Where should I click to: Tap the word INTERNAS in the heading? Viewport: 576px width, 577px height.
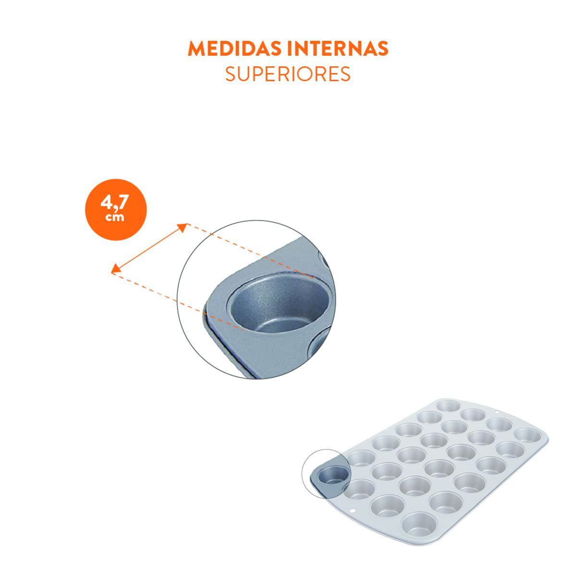point(338,48)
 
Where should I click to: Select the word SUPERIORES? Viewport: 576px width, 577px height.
point(288,74)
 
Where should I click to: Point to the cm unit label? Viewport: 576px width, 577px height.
point(115,217)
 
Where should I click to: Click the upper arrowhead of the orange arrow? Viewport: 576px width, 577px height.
point(183,227)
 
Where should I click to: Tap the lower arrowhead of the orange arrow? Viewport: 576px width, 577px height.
point(116,269)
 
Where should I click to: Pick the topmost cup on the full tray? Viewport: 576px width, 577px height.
point(448,406)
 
